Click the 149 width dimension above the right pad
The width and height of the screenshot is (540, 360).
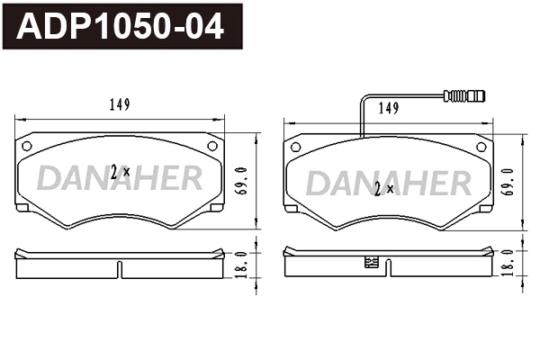[388, 108]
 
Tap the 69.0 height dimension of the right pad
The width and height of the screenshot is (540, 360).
[508, 180]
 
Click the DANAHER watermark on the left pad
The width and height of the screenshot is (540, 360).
[119, 178]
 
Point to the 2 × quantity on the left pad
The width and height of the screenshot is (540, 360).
[120, 172]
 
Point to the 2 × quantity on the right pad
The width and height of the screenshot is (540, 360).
[382, 189]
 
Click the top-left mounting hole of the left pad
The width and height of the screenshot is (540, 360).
[27, 146]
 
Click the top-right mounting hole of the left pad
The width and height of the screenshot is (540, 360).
[212, 146]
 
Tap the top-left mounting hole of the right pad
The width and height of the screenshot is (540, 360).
[295, 146]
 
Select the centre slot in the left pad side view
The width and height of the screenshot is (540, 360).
[120, 267]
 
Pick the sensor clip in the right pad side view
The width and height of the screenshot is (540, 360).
[369, 264]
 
